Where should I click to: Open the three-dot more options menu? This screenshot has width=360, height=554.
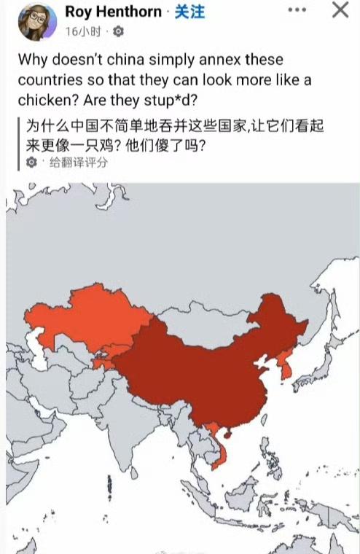point(297,11)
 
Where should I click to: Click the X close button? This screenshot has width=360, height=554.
point(340,10)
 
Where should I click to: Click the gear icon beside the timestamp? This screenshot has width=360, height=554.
point(119,32)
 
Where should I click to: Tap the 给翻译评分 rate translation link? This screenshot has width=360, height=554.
point(78,163)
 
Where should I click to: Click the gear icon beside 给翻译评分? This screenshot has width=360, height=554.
point(31,163)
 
